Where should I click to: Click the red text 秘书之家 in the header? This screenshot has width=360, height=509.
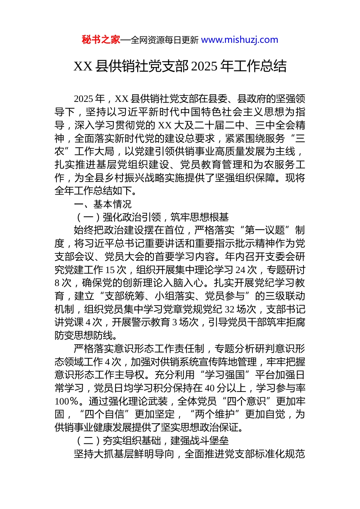(101, 40)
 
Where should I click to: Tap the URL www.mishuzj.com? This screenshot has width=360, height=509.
(239, 40)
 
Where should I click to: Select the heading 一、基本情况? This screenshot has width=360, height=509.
(103, 204)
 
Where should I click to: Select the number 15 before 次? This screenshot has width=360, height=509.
(110, 270)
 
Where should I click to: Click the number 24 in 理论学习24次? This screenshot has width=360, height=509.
(240, 270)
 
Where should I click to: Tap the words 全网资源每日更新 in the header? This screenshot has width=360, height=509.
(164, 40)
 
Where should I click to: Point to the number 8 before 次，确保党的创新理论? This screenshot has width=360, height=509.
(57, 283)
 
